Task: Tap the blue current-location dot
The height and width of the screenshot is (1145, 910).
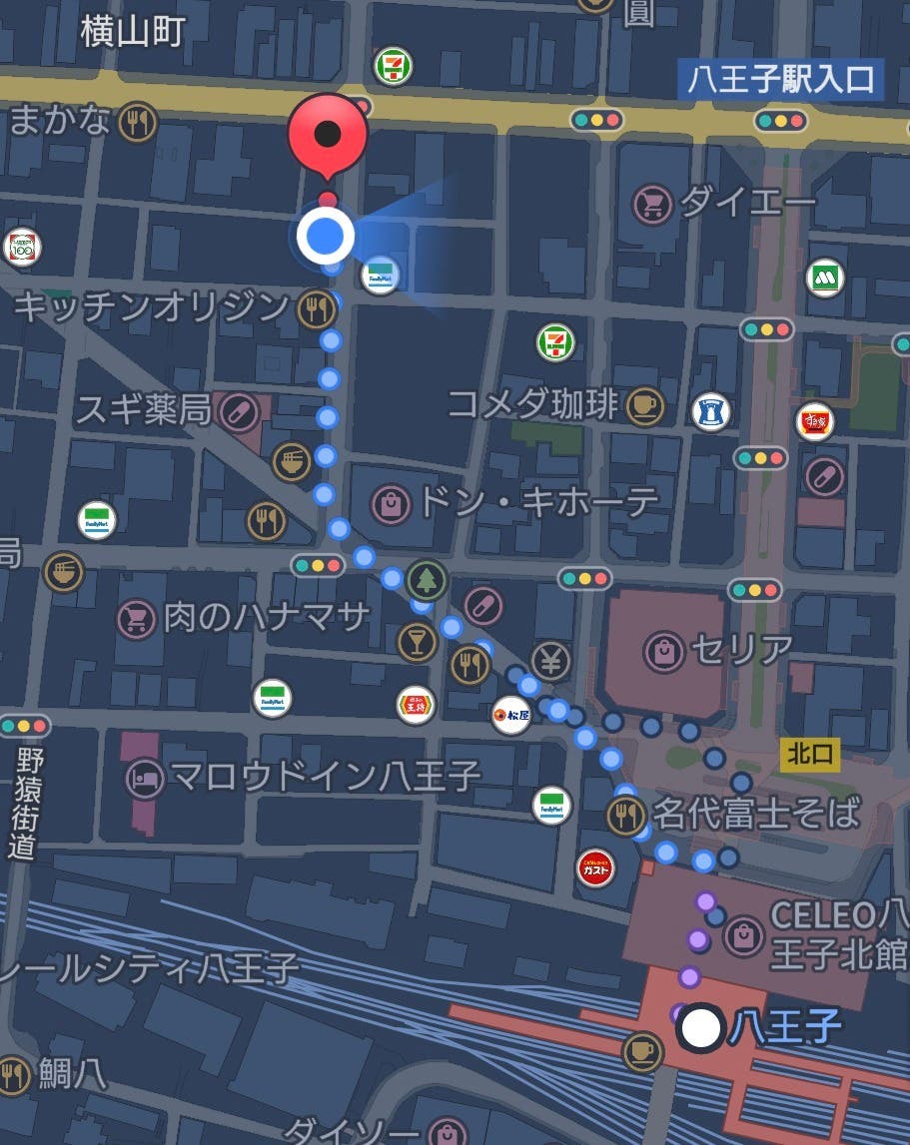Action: tap(326, 237)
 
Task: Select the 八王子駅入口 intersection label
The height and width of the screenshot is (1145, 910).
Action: tap(781, 79)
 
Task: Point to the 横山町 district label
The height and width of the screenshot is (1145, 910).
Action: tap(133, 32)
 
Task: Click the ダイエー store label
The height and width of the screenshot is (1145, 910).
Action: tap(747, 203)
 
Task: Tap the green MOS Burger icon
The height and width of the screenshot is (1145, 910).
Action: tap(825, 278)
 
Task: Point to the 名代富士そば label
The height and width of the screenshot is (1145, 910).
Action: tap(755, 814)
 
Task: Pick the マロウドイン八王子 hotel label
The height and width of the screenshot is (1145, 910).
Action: tap(326, 775)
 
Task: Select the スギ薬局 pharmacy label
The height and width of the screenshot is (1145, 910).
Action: tap(144, 409)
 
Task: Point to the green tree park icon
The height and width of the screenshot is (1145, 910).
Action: tap(427, 579)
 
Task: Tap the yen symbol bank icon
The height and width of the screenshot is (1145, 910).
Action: tap(549, 658)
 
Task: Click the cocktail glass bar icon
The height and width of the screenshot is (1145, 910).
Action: tap(418, 642)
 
